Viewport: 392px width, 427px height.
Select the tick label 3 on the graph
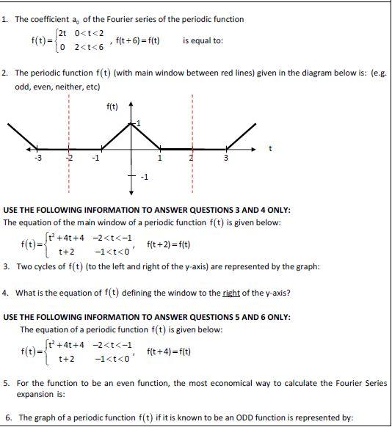tap(226, 158)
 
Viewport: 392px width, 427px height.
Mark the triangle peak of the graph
tap(132, 123)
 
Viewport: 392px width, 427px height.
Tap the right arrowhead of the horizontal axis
tap(257, 150)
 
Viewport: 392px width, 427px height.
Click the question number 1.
tap(5, 19)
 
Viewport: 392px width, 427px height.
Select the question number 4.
tap(6, 293)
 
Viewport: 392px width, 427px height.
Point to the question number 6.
tap(6, 417)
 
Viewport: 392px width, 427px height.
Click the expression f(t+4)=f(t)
tap(168, 351)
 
